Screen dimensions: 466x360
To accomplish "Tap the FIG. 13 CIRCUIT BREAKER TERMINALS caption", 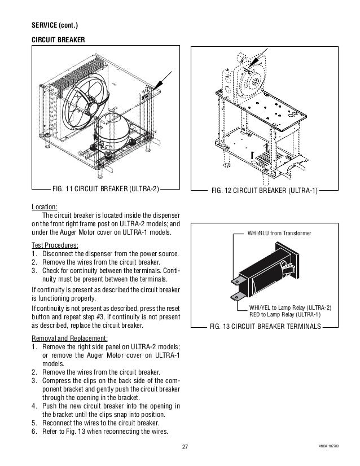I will pos(265,327).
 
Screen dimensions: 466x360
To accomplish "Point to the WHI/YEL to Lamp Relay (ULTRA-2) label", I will pos(291,307).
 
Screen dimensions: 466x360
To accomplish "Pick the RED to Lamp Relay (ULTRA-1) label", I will pos(285,315).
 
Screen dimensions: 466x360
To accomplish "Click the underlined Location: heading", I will pos(45,207).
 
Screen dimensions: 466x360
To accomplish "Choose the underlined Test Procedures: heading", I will pos(55,244).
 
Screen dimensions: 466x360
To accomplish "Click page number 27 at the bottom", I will pos(185,447).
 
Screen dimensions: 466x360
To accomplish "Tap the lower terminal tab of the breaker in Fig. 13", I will pos(236,293).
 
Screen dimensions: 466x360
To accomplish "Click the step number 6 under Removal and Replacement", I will pos(34,431).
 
